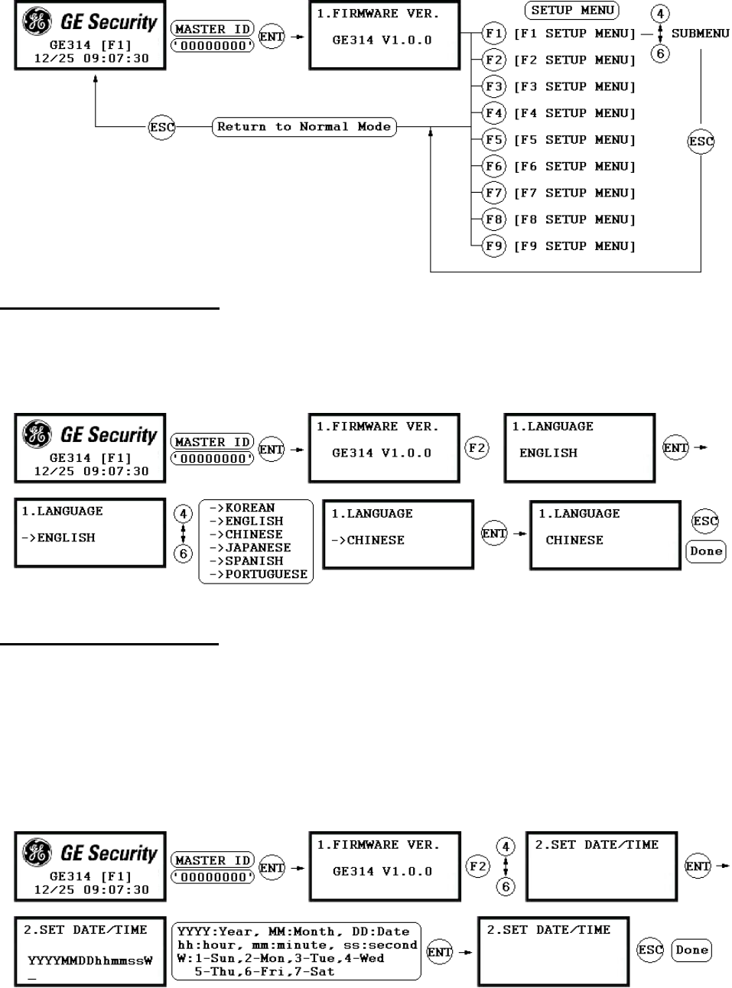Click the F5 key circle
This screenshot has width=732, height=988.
[x=494, y=140]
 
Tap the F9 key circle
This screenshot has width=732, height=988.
[x=494, y=246]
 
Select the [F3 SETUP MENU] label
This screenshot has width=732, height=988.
[x=574, y=86]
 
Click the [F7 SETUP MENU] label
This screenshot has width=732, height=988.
[x=574, y=193]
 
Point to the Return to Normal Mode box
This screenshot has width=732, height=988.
[x=304, y=127]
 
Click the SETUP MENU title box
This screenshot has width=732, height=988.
[x=572, y=11]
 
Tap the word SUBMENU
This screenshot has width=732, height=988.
[x=700, y=34]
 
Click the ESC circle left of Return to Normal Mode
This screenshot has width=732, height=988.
[x=161, y=128]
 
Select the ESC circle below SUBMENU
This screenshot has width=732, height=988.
[x=701, y=141]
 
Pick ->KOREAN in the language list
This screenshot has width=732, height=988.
[x=242, y=508]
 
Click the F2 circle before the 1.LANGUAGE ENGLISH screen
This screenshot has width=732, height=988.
[x=477, y=447]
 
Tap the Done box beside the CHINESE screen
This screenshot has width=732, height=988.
[x=705, y=551]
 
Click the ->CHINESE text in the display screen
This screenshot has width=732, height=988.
[x=368, y=540]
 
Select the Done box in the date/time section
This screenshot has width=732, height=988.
[x=691, y=950]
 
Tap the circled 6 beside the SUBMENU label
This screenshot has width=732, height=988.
[x=660, y=54]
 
